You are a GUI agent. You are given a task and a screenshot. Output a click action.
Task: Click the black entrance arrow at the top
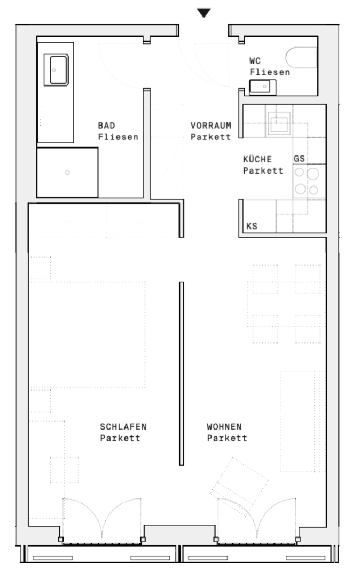point(204,13)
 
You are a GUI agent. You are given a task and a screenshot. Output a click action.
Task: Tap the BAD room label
point(106,126)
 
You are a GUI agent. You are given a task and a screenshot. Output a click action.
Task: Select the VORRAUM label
point(210,126)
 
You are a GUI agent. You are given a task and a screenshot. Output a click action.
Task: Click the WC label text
point(255,61)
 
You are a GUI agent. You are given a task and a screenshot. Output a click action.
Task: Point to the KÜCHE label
point(257,159)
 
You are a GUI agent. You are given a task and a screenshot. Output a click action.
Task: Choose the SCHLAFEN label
point(123,427)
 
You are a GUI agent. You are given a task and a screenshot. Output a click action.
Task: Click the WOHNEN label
point(224,427)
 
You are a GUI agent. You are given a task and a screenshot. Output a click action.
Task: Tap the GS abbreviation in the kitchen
point(299,159)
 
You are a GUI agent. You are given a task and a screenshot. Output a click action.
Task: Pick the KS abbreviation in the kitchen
point(252,226)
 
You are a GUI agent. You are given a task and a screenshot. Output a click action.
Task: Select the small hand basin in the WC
point(263,87)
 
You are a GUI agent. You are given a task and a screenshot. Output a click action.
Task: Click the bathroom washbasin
point(56,70)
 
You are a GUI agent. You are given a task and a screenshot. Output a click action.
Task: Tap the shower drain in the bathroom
point(67,172)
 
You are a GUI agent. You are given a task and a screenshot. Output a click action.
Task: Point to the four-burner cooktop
point(307,181)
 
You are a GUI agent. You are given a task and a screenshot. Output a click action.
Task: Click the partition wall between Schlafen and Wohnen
point(181,373)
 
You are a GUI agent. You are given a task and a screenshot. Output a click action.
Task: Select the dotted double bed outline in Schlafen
point(88,334)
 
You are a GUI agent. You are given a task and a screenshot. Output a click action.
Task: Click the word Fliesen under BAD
point(118,137)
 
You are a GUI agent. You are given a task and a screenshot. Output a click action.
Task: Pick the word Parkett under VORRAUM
point(210,137)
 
